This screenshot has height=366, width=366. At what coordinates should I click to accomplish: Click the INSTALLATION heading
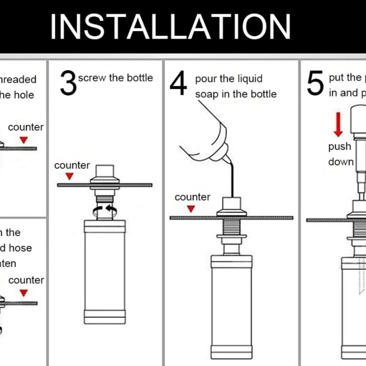pos(170,27)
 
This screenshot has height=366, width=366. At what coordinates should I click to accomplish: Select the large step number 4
pos(178,83)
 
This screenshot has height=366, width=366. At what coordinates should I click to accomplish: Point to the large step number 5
pos(315,83)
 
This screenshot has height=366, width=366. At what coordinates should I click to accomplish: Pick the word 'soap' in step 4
pos(207,94)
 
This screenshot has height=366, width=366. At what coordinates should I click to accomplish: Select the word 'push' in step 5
pos(340,147)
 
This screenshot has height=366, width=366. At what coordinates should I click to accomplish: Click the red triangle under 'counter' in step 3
pos(70,176)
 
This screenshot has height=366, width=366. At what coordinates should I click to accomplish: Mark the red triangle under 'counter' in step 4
pos(191,209)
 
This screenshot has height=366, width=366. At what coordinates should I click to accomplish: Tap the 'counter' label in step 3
pos(72,165)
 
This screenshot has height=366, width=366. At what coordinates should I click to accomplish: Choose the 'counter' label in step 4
pos(192,197)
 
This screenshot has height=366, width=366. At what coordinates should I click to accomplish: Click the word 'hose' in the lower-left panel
pos(20,248)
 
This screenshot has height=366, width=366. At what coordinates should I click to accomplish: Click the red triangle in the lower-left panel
pos(24,293)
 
